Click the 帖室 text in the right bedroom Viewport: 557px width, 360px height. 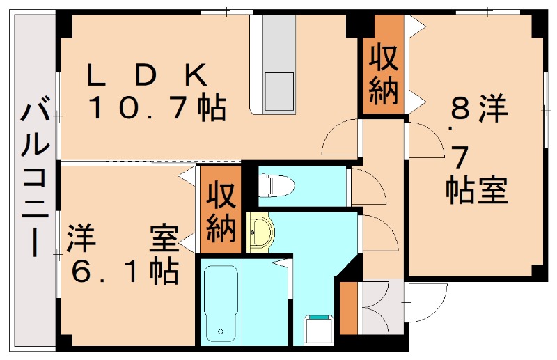pos(476,189)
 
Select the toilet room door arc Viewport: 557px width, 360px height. pos(367,186)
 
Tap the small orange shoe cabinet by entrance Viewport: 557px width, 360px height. pos(347,307)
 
